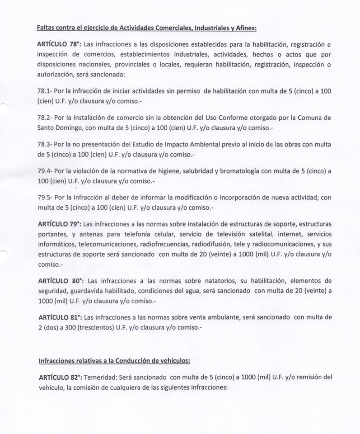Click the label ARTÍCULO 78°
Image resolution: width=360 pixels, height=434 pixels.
pyautogui.click(x=59, y=44)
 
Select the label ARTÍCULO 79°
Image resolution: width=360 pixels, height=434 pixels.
pyautogui.click(x=59, y=223)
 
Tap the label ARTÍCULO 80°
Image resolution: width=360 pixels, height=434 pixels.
pyautogui.click(x=59, y=280)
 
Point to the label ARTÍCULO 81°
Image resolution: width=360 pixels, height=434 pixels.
pyautogui.click(x=59, y=317)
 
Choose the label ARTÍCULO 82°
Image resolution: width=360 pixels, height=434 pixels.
pyautogui.click(x=59, y=377)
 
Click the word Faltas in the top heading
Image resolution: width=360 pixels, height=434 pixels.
pyautogui.click(x=47, y=28)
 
